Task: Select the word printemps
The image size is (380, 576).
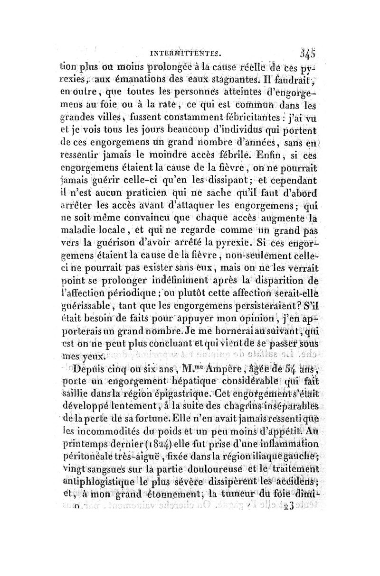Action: (x=87, y=432)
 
